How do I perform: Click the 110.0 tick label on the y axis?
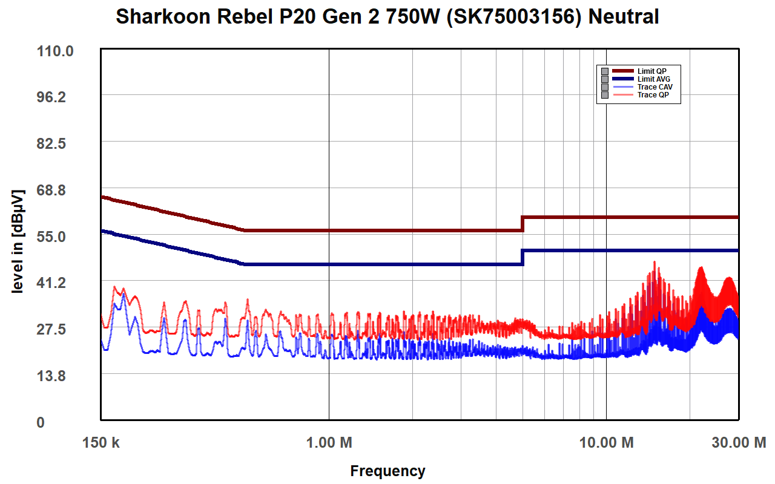coord(56,51)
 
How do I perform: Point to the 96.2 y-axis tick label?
coord(56,97)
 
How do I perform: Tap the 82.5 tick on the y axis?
coord(56,144)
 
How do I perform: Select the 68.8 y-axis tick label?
coord(56,190)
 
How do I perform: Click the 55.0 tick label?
coord(56,237)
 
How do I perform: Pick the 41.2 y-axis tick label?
coord(56,283)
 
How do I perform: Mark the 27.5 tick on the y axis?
coord(56,329)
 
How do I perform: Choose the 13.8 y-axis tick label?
coord(56,376)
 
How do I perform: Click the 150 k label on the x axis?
coord(101,443)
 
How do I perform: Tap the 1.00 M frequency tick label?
coord(329,443)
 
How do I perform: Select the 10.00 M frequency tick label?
coord(607,443)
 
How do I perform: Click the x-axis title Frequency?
coord(387,471)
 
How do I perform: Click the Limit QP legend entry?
coord(651,71)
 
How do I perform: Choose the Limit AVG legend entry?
coord(653,79)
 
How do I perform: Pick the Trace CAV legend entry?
coord(655,87)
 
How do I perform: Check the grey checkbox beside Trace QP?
coord(604,95)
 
